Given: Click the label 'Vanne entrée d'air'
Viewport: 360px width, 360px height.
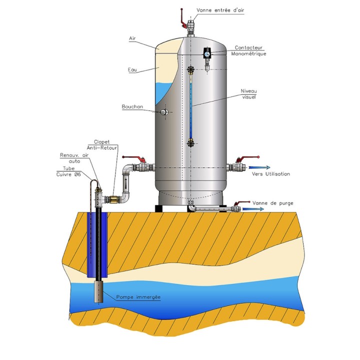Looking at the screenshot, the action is tap(220, 10).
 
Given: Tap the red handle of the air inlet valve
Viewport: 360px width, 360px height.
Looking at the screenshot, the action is tap(182, 19).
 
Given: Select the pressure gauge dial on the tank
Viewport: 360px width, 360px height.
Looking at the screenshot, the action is tap(207, 54).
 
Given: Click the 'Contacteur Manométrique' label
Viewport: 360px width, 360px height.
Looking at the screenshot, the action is tap(248, 50).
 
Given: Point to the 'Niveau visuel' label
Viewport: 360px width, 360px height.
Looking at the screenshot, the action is tap(248, 94).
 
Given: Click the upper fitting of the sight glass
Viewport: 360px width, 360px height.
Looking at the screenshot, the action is tap(190, 69).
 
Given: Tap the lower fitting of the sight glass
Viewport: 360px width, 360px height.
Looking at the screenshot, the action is tap(190, 143).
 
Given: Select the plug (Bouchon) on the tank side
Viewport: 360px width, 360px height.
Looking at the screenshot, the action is tap(164, 112).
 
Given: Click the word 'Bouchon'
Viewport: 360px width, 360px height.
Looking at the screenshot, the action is tap(132, 106).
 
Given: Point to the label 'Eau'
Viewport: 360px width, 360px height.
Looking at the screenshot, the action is tap(132, 69).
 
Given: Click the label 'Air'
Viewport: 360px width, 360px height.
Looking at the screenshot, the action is tap(132, 38).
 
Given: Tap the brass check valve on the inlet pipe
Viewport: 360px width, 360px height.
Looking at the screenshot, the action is tap(113, 199).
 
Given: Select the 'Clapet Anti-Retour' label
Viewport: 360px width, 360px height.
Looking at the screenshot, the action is tap(101, 145).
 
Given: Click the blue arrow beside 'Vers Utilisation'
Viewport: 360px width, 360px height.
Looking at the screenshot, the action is tap(259, 167).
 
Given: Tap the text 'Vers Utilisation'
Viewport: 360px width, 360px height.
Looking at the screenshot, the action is tap(271, 174).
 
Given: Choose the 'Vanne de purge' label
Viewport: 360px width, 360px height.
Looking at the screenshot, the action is tap(273, 203).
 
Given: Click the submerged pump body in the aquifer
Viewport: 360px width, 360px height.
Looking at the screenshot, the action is tap(99, 291).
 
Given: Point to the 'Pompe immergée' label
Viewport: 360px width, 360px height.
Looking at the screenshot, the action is tap(138, 297).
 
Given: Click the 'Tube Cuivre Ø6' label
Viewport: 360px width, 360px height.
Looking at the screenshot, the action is tap(68, 171).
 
